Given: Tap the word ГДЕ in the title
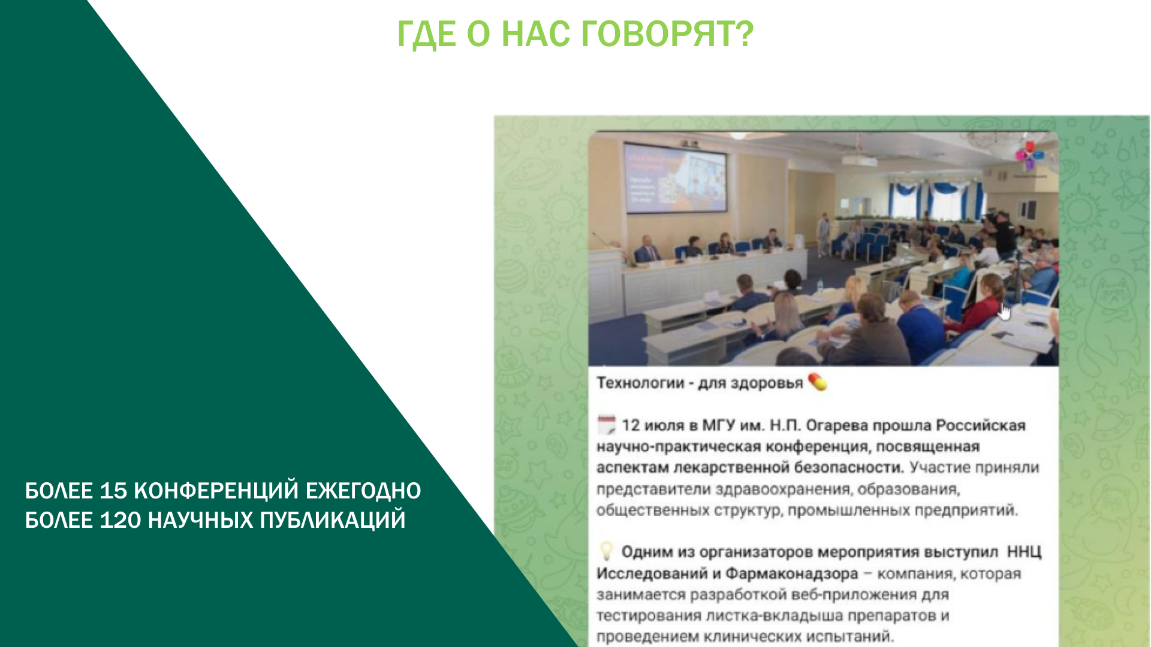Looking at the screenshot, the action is click(x=427, y=35).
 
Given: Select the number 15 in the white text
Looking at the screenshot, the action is click(x=113, y=491).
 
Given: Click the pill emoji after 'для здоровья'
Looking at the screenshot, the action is click(x=818, y=382).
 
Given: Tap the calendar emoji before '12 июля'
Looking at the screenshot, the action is click(x=607, y=425).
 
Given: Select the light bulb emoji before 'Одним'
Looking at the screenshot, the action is click(x=607, y=551).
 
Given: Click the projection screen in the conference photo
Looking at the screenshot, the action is click(x=675, y=177).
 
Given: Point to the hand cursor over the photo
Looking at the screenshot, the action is click(x=1005, y=312).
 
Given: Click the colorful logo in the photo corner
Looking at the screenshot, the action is click(x=1029, y=155).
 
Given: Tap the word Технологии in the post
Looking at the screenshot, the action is click(x=640, y=383).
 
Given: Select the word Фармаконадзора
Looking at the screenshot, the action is click(x=792, y=574).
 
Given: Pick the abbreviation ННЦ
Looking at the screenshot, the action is click(x=1024, y=552).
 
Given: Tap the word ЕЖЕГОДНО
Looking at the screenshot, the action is click(x=363, y=491).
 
